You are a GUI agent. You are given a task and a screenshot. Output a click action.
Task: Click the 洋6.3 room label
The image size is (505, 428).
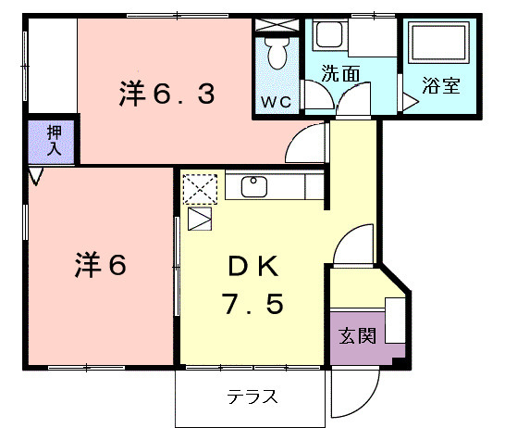coord(167,94)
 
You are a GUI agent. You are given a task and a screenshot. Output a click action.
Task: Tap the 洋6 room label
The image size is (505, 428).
coord(99,265)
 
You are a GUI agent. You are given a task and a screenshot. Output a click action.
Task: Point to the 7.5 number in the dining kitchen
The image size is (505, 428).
coord(252,304)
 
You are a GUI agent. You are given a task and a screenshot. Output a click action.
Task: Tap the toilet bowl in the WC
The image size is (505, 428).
coord(277,55)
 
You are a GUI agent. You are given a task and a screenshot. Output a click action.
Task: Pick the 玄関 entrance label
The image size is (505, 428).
coord(357,335)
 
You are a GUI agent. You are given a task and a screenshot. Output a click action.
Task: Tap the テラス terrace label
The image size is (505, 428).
coord(252,398)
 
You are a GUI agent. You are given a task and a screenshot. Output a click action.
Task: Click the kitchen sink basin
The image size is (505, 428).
coord(255,186)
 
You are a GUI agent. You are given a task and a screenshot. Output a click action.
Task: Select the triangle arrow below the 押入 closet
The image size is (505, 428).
coord(35,174)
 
